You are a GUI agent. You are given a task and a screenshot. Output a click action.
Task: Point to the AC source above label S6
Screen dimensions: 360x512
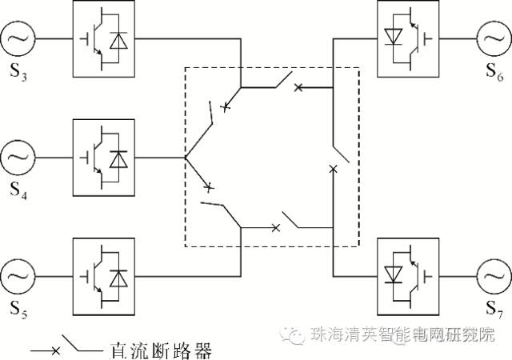coord(494,38)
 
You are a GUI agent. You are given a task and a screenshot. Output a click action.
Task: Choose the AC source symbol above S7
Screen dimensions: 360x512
coord(494,278)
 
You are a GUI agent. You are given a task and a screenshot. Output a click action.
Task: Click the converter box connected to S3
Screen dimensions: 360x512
coord(104,38)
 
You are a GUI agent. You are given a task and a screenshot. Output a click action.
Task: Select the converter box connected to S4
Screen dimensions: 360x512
coord(104,158)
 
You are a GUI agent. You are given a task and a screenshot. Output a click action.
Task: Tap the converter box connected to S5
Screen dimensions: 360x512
coord(104,278)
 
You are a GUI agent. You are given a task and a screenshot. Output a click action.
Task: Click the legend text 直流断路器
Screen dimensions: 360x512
coord(160,350)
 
